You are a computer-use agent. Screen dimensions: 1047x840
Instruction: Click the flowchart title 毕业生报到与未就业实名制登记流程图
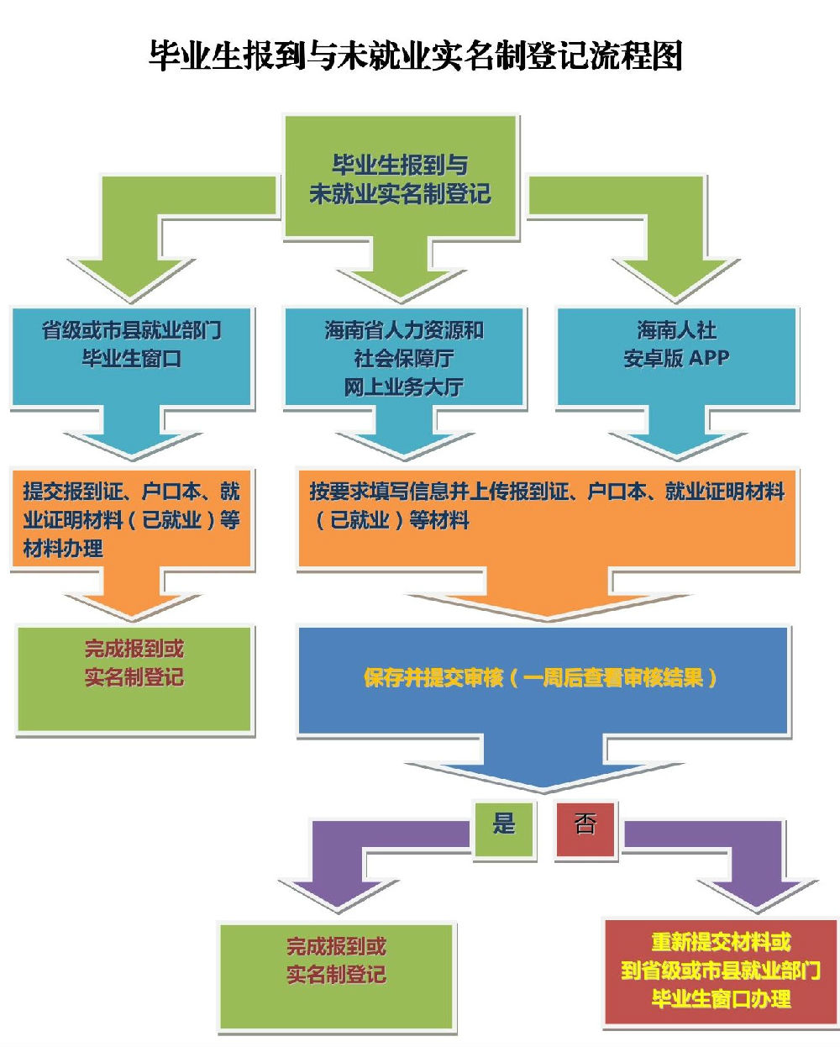pos(415,55)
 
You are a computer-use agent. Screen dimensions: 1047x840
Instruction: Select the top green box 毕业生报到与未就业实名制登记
pos(400,179)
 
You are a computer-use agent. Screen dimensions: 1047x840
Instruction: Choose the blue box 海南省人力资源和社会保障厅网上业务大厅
pos(404,357)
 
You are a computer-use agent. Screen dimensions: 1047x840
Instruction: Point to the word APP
pos(709,358)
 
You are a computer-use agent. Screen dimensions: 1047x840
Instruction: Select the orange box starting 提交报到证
pos(132,519)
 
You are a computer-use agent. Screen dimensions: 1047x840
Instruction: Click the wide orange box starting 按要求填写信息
pos(547,519)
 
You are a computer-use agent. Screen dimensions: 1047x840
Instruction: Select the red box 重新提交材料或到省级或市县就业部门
pos(721,971)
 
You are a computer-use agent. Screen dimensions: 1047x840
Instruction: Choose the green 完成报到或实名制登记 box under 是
pos(337,975)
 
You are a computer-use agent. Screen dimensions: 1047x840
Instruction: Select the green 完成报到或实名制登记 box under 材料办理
pos(134,678)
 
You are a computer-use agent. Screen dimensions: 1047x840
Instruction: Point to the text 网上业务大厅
pos(404,387)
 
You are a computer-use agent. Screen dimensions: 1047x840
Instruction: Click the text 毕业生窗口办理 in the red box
pos(721,999)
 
